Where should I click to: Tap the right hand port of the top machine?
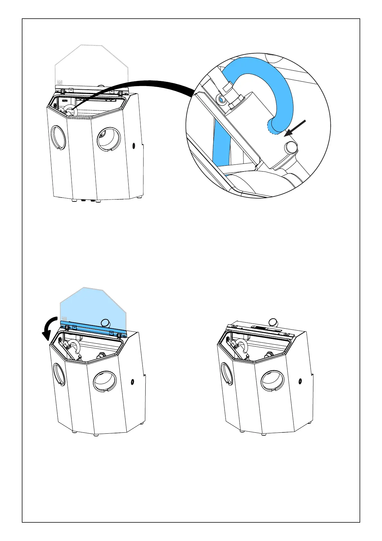[x=109, y=139]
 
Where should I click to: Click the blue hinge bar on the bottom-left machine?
[x=93, y=328]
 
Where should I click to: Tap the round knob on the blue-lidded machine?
[x=105, y=323]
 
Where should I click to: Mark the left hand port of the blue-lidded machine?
[x=60, y=374]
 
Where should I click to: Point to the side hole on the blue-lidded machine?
[x=132, y=382]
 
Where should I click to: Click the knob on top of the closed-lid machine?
[x=273, y=322]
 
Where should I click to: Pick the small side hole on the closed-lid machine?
[x=300, y=381]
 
